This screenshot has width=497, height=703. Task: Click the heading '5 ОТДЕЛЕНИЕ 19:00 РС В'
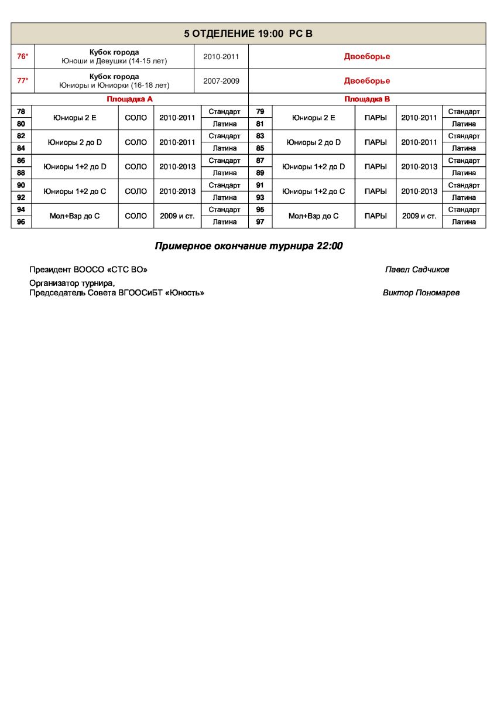click(x=248, y=33)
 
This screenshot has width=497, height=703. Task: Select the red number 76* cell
click(x=23, y=57)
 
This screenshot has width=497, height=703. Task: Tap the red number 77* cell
click(x=23, y=81)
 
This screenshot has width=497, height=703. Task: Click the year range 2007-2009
click(x=221, y=81)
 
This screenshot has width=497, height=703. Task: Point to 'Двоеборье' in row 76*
click(x=367, y=57)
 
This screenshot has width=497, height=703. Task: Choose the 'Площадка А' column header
click(x=129, y=100)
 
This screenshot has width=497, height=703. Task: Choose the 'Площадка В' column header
click(x=367, y=100)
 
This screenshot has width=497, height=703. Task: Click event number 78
click(x=21, y=111)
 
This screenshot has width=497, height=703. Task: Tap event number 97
click(x=261, y=222)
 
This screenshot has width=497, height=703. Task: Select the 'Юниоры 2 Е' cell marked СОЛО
click(x=75, y=118)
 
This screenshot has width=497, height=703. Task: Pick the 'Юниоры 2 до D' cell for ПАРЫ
click(x=313, y=142)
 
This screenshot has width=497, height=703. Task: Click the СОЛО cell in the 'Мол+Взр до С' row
click(x=136, y=216)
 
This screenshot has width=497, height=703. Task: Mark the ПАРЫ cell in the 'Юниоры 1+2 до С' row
click(x=375, y=192)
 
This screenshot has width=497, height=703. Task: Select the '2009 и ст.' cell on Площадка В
click(x=419, y=216)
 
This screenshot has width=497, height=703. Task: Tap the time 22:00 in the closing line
click(x=329, y=247)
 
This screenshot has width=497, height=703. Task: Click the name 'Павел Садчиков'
click(x=417, y=270)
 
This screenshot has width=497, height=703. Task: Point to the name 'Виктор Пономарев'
click(x=421, y=293)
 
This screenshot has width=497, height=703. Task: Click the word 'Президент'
click(x=50, y=270)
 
